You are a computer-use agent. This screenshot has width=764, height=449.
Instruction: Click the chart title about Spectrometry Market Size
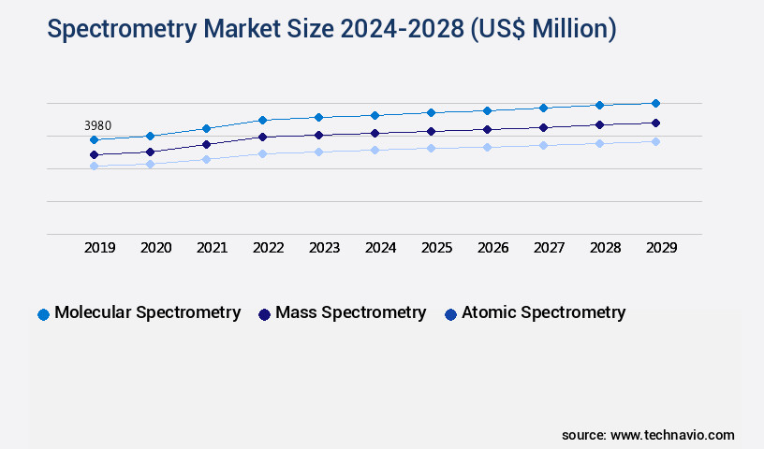click(x=331, y=30)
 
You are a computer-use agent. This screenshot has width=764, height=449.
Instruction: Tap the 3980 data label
click(x=99, y=125)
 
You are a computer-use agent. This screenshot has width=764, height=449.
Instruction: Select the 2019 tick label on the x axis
click(x=99, y=248)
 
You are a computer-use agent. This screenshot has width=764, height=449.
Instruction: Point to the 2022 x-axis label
click(x=268, y=248)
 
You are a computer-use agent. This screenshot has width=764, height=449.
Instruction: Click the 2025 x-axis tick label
click(x=436, y=248)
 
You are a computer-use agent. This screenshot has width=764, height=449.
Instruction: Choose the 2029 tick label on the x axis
click(x=661, y=248)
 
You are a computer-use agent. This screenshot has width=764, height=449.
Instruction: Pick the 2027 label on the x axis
click(x=549, y=248)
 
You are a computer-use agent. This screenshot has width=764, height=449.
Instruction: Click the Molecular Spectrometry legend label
click(x=147, y=312)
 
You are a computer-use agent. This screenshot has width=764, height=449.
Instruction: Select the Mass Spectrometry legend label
click(x=350, y=312)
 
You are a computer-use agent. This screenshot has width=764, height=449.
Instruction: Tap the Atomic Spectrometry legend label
click(x=543, y=312)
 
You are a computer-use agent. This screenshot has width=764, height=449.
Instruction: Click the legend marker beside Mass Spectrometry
click(x=264, y=314)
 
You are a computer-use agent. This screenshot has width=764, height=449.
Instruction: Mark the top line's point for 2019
click(x=94, y=139)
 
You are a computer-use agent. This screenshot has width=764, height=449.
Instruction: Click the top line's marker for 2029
click(x=655, y=103)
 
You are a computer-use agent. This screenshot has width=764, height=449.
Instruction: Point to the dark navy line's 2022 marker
click(x=262, y=137)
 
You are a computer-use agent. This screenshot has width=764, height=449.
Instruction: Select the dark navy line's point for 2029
click(x=655, y=123)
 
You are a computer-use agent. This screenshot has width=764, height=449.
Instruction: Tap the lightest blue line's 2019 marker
click(x=94, y=166)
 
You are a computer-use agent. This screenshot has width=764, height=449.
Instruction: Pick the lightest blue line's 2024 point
click(x=375, y=150)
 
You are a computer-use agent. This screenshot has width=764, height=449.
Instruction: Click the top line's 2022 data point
click(x=262, y=120)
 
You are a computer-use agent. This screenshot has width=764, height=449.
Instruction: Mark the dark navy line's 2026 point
click(x=487, y=129)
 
